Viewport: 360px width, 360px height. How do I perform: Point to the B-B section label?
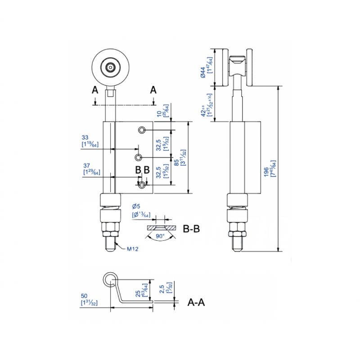coord(191,229)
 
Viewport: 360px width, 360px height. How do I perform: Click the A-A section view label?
coord(196,302)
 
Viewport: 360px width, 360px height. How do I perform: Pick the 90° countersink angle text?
coord(160,236)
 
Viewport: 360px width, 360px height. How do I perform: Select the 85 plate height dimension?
coord(178,157)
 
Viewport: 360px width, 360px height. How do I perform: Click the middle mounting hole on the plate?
coord(139,157)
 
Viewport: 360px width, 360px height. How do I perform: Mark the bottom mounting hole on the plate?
coord(142,185)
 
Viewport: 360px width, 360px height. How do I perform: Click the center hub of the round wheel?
coord(109,67)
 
